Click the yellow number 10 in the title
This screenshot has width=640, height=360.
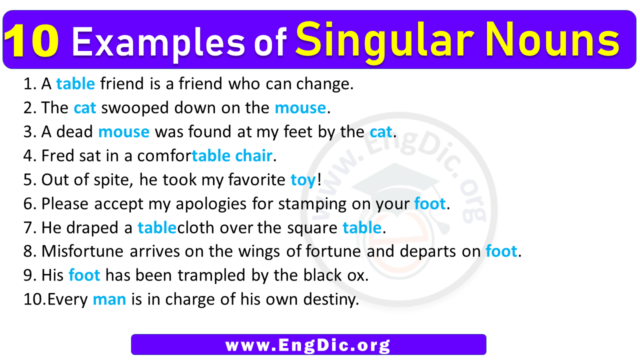[31, 41]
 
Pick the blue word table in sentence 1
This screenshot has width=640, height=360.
[75, 83]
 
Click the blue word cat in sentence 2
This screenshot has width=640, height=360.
[85, 108]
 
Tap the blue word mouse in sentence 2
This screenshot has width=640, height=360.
[300, 108]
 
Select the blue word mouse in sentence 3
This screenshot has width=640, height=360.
[123, 132]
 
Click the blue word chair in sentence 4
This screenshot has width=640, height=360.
[253, 155]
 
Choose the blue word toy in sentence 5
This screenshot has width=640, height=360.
[303, 180]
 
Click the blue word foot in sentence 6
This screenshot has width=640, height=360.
[429, 203]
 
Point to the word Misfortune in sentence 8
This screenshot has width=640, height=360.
[82, 251]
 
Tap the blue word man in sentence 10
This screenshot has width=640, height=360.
[109, 300]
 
